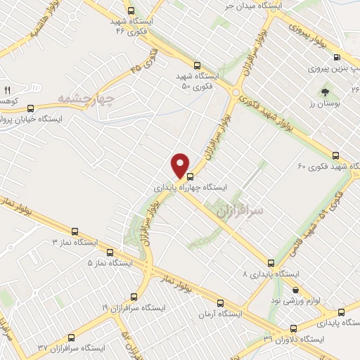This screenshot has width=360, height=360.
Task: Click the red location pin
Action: tap(181, 165)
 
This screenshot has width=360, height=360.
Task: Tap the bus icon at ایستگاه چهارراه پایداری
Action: tap(189, 177)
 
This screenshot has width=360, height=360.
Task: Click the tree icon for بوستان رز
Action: tap(325, 91)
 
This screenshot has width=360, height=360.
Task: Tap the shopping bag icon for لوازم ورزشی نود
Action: tap(295, 289)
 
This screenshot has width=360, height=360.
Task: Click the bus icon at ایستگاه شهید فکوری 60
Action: tap(335, 155)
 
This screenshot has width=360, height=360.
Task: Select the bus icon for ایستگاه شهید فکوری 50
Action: tap(197, 61)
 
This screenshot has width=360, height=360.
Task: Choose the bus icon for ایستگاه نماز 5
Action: tap(109, 252)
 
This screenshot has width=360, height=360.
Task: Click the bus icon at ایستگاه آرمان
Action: tap(221, 303)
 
